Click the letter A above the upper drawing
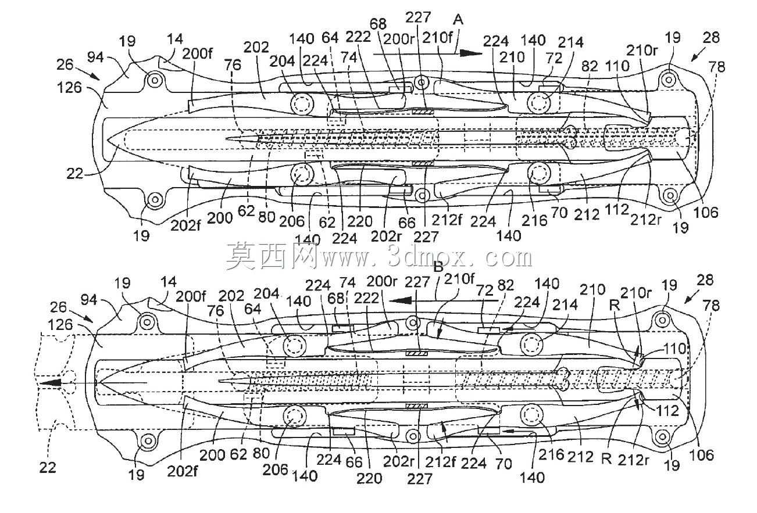click(458, 20)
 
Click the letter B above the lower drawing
click(438, 267)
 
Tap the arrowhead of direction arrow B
click(399, 300)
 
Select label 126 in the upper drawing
click(69, 88)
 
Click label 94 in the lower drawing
click(89, 300)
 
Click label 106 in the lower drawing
click(702, 455)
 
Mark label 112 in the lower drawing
click(667, 411)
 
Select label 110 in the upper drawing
click(618, 66)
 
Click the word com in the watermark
click(509, 259)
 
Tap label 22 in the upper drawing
click(74, 174)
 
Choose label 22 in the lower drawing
click(47, 468)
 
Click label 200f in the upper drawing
click(197, 53)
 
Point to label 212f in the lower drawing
click(439, 462)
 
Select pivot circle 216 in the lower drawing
click(532, 414)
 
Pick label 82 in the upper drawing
click(590, 66)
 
